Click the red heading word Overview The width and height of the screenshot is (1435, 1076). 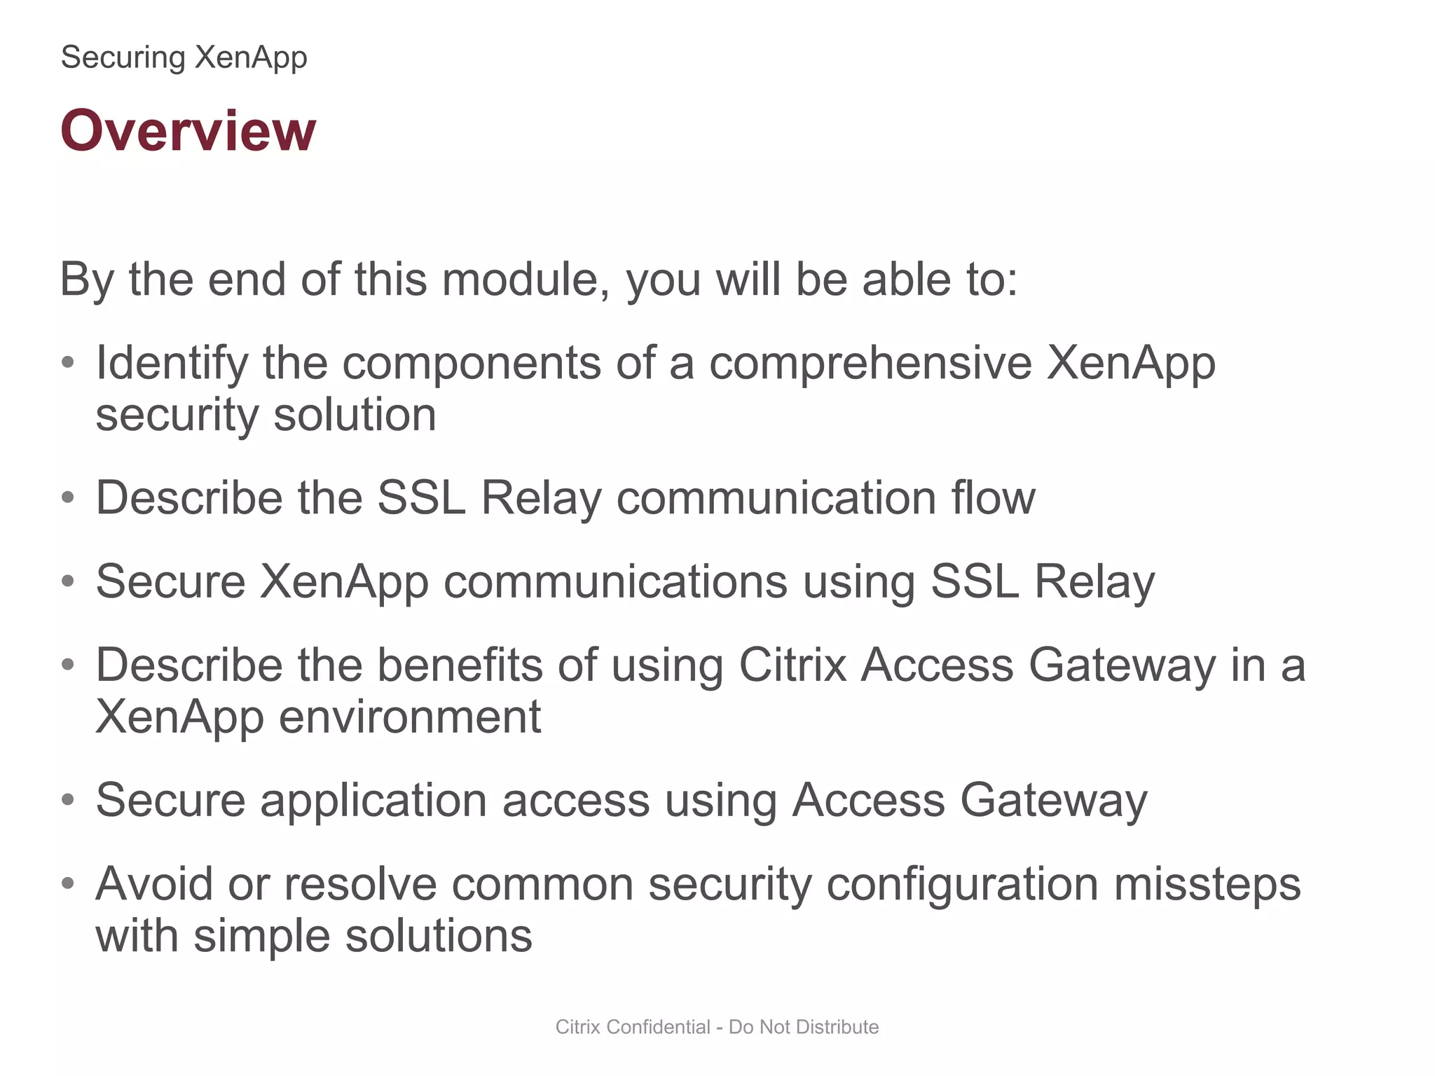point(188,131)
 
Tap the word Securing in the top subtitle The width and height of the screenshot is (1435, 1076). point(123,57)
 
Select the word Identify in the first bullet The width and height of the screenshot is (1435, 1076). point(172,364)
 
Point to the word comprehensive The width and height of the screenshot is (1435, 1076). point(870,364)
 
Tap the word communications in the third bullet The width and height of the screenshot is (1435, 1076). point(615,582)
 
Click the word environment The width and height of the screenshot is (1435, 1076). point(410,717)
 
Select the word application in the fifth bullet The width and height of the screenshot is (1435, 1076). point(373,801)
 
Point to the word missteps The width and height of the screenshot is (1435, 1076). point(1207,884)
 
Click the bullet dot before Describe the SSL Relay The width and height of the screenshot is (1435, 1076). point(68,497)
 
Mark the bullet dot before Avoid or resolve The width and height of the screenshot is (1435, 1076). point(68,883)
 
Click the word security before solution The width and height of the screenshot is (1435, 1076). point(177,415)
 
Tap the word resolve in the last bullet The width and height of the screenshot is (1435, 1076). point(360,884)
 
